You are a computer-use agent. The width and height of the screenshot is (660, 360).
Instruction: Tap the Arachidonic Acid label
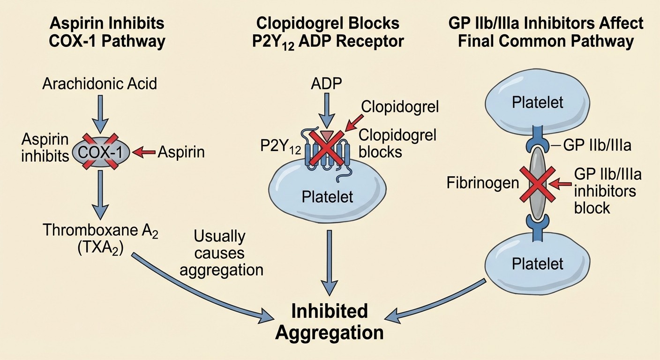(x=99, y=84)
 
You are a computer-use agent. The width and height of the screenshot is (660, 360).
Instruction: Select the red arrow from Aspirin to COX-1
(x=144, y=151)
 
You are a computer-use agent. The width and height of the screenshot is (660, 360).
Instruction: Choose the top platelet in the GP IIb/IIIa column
(x=537, y=102)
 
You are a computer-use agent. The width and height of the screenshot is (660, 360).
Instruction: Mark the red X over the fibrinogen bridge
(x=537, y=184)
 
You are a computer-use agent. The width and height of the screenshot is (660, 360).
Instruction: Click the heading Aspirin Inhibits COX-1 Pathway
(x=107, y=32)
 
